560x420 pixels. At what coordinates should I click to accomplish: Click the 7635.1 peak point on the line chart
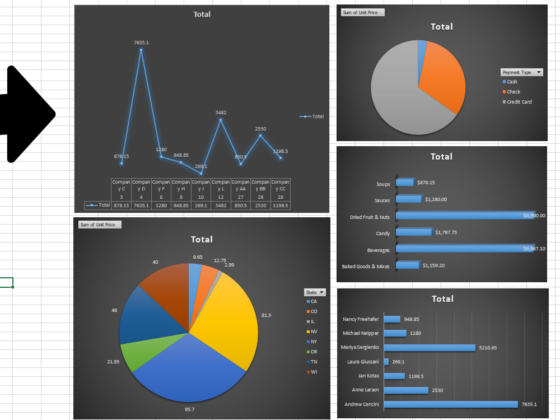pos(141,50)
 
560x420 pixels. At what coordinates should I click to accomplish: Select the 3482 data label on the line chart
pos(221,113)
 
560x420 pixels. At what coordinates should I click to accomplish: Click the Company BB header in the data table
pos(260,185)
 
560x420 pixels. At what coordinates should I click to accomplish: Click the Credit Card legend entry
pos(519,102)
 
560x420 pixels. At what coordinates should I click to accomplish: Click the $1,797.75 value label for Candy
pos(446,232)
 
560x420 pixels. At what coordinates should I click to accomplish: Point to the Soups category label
pos(383,184)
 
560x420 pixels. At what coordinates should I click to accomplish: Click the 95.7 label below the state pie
pos(189,409)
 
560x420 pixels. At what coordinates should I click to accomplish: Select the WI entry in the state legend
pos(314,372)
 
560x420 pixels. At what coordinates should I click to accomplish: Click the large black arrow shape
pos(25,115)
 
